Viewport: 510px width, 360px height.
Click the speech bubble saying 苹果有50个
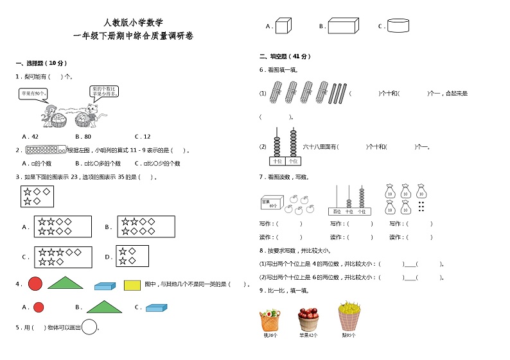(34, 94)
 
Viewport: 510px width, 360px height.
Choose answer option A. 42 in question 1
(30, 137)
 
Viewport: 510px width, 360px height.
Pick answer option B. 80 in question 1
(83, 137)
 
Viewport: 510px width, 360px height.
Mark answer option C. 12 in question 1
(142, 137)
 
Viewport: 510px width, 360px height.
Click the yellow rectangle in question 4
(132, 284)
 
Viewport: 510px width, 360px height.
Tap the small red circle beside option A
(39, 307)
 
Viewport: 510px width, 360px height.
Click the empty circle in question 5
(89, 327)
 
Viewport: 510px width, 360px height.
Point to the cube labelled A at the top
(283, 26)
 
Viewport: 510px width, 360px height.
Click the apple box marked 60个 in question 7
(271, 203)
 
